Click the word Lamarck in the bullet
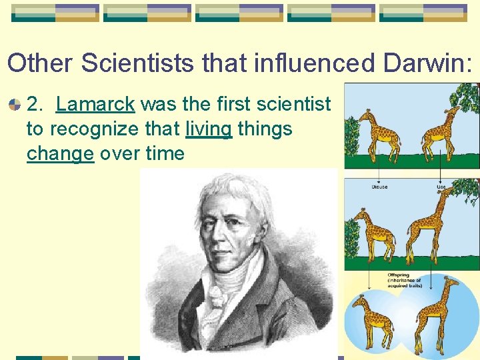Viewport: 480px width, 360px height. (x=96, y=104)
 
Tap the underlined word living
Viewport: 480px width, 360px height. (x=209, y=129)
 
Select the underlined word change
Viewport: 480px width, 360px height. (x=60, y=153)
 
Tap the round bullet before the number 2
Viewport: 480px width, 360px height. (x=15, y=105)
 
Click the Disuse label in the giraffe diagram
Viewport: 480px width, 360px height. (x=379, y=187)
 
